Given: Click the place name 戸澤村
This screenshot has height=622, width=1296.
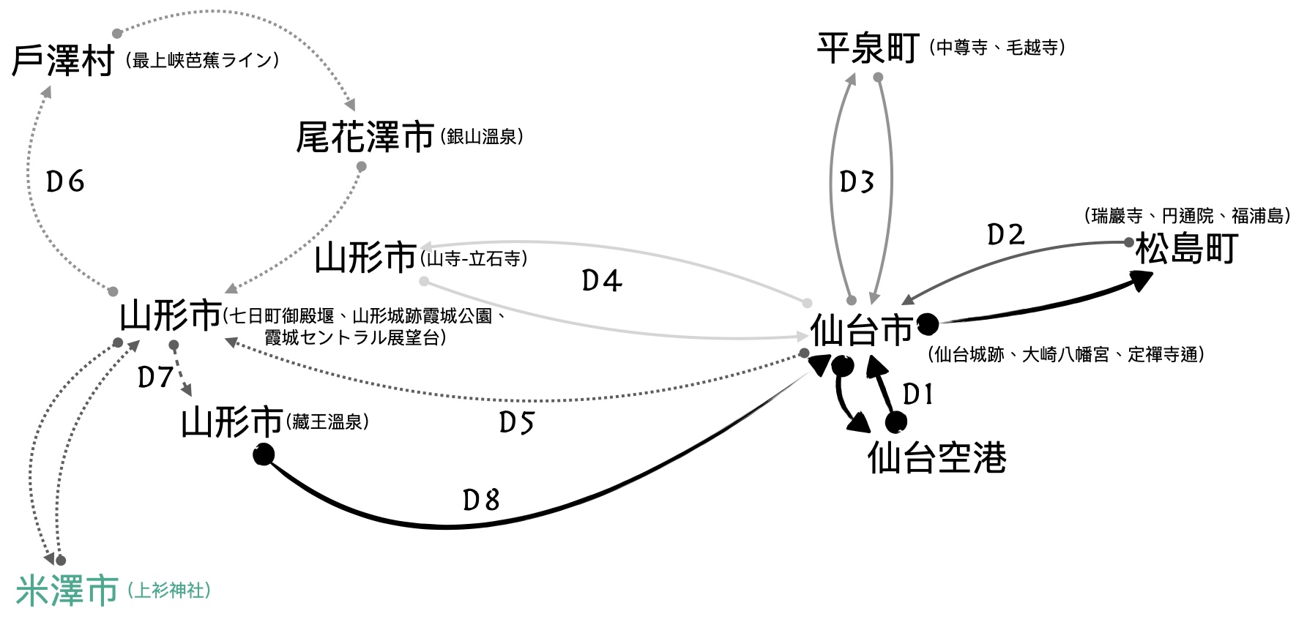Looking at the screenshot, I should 63,60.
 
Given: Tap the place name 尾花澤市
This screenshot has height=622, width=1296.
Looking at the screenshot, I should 365,138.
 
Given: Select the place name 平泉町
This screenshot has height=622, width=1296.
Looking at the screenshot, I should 868,48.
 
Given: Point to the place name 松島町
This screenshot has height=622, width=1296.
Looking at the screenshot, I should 1186,249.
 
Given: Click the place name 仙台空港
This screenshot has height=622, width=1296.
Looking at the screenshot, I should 936,458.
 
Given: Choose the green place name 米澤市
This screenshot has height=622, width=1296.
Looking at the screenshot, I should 67,591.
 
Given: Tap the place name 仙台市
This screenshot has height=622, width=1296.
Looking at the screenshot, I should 861,331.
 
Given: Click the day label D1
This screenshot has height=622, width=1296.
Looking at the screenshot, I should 917,394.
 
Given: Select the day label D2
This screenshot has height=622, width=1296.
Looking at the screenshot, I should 1005,235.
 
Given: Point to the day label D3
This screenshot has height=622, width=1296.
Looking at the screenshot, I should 857,181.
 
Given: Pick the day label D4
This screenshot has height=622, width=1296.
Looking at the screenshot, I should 601,280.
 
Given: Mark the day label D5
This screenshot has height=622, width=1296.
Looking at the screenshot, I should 516,422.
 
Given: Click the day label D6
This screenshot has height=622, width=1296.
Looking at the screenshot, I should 65,181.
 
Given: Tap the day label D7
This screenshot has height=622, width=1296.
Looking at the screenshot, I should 155,378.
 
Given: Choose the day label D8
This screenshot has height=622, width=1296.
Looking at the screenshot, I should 481,500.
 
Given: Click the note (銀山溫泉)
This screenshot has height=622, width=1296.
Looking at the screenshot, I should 482,137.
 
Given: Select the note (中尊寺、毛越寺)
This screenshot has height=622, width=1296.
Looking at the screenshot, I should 997,48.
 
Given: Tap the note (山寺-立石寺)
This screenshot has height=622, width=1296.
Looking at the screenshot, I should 473,258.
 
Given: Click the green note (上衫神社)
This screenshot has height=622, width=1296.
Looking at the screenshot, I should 168,591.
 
